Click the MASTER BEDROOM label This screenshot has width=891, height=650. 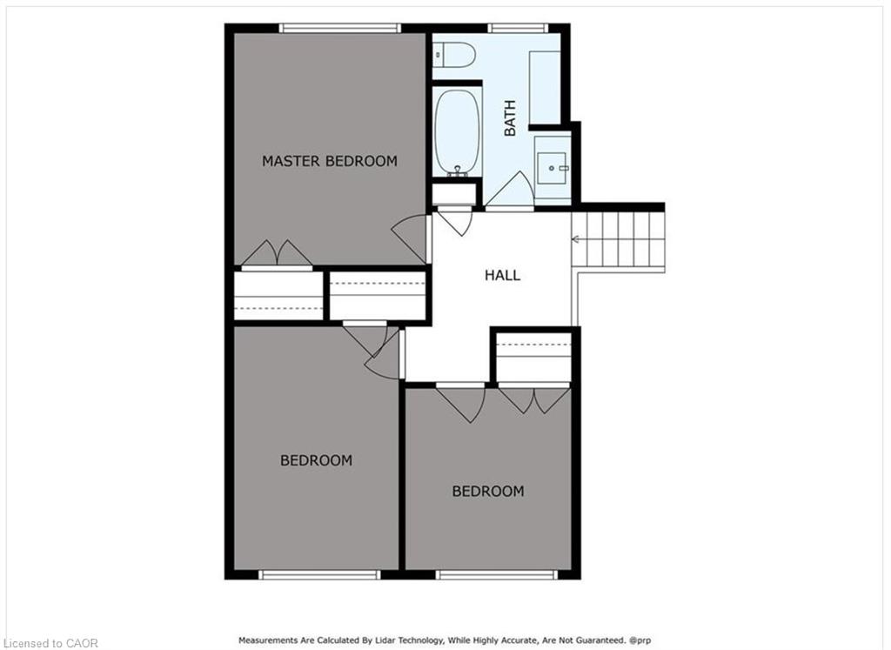point(330,161)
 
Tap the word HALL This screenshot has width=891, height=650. point(502,276)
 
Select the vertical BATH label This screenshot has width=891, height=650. point(510,118)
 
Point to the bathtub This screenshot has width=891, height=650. point(458,131)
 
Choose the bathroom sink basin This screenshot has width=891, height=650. point(552,168)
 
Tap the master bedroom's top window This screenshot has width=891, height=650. point(340,28)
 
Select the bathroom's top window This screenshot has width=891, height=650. point(518,28)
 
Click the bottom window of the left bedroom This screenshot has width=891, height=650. point(319,574)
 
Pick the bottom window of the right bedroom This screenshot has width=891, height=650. point(497,574)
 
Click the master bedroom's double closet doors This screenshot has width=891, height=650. point(277,254)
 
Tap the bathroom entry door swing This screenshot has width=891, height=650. point(509,191)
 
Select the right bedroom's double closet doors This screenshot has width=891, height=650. point(534,399)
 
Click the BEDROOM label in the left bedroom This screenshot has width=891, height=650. point(317,460)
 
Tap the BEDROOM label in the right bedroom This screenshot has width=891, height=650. point(488,491)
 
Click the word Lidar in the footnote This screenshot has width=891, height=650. point(382,640)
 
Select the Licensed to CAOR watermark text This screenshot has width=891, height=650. point(50,643)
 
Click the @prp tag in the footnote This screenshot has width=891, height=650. point(640,640)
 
